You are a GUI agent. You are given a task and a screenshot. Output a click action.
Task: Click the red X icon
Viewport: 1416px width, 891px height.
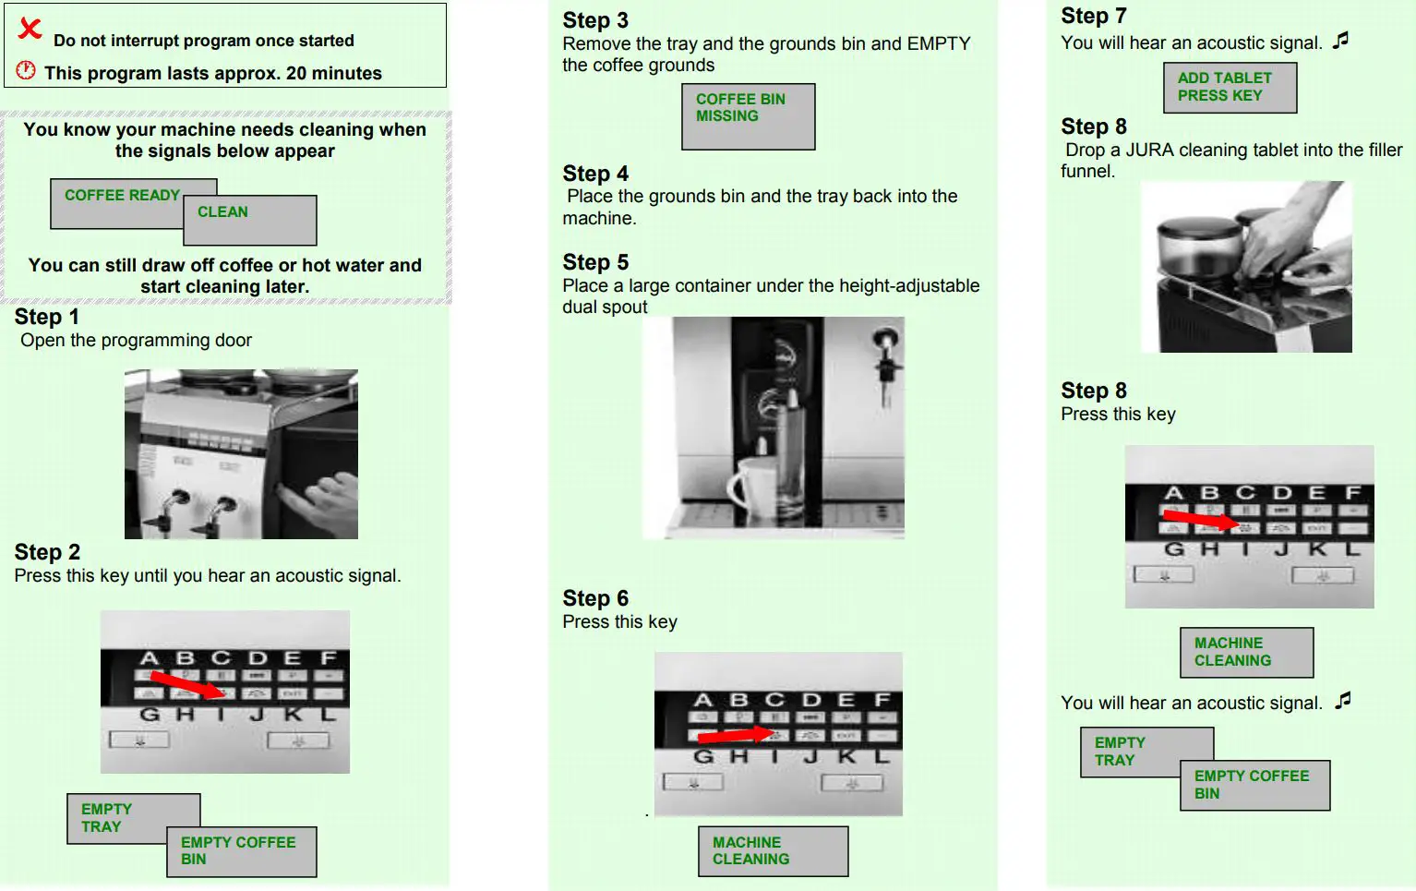click(30, 29)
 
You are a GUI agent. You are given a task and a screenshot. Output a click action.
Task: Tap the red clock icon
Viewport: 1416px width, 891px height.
click(26, 70)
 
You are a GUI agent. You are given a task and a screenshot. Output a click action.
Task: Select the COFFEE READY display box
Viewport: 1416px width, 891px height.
click(133, 204)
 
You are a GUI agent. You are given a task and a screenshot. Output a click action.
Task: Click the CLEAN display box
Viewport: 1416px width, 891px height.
click(250, 220)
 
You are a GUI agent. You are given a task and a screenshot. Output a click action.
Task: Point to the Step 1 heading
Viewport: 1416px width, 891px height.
click(47, 317)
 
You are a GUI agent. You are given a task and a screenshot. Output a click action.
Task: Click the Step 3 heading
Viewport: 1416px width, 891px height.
click(595, 20)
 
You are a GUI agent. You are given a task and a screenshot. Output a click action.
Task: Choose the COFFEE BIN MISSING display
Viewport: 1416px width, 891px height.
click(749, 116)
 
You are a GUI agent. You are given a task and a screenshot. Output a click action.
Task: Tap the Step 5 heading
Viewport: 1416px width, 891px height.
click(595, 262)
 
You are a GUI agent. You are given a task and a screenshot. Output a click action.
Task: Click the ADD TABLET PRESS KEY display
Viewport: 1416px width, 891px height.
click(1230, 88)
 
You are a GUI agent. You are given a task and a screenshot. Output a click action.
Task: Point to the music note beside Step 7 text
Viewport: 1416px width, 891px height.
click(1340, 41)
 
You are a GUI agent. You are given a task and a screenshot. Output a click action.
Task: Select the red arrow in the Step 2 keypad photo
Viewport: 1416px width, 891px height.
click(188, 684)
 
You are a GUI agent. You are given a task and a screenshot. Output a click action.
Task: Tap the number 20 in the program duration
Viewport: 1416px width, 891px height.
click(295, 73)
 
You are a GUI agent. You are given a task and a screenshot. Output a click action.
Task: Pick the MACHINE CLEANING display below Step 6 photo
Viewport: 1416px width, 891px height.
click(774, 851)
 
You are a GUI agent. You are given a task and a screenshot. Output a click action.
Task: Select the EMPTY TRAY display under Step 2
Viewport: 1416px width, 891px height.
click(133, 818)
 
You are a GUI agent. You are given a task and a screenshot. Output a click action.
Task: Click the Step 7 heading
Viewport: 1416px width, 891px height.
click(1094, 16)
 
